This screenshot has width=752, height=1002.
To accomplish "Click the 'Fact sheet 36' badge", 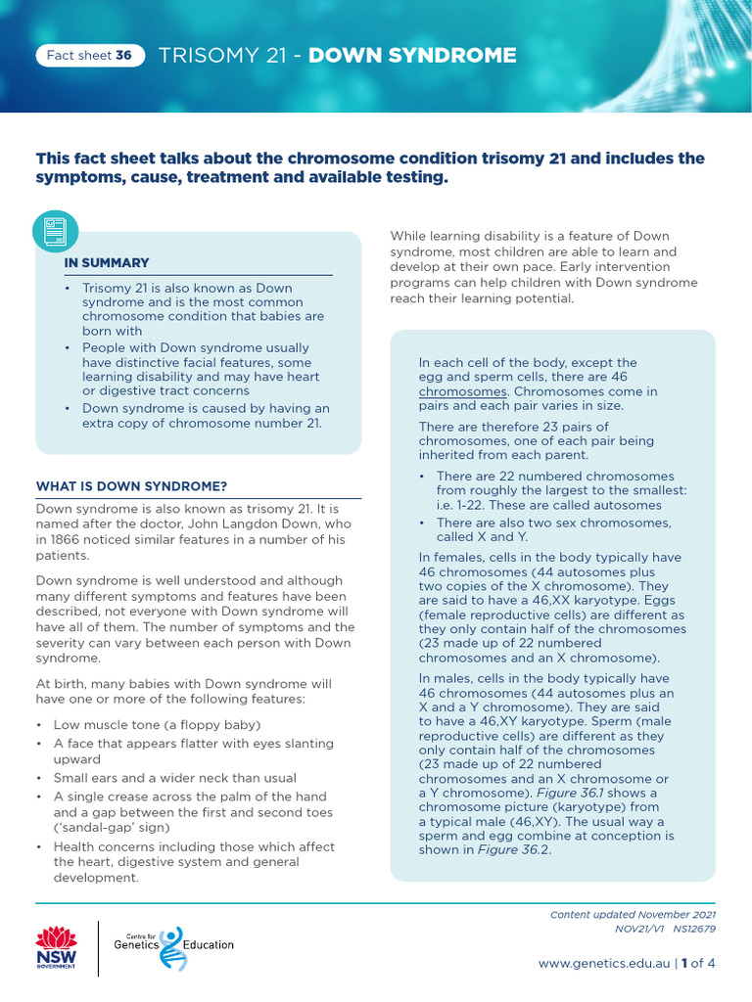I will [89, 56].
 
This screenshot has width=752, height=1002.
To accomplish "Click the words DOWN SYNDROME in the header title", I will [412, 56].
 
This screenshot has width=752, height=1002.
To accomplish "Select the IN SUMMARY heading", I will [107, 263].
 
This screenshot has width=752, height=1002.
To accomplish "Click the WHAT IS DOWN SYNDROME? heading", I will [131, 486].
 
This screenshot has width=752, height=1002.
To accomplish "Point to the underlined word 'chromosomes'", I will [454, 391].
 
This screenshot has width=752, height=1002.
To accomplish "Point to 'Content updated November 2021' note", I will [632, 915].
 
